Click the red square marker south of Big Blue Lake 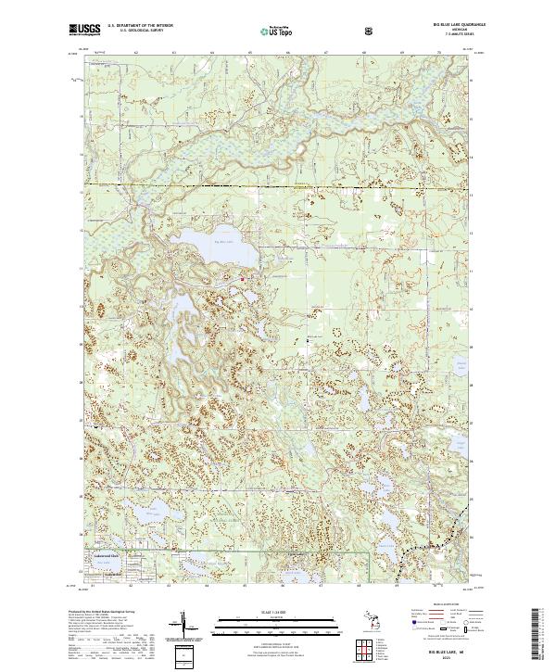(243, 278)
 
